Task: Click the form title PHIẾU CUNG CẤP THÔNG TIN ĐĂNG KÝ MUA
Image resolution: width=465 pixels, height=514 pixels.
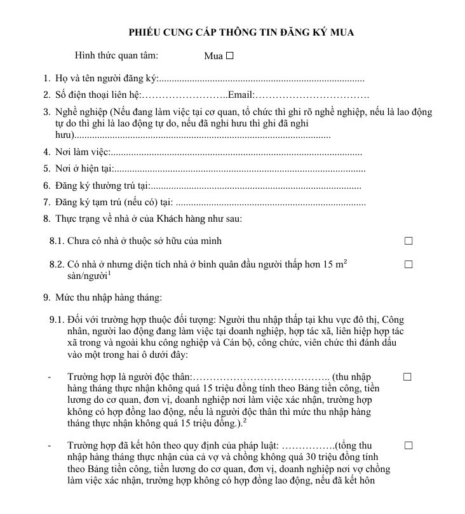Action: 241,32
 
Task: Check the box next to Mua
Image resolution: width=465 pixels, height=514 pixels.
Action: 230,55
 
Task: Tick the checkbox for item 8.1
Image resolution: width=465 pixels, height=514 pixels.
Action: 408,241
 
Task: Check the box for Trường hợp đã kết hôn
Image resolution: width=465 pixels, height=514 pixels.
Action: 408,445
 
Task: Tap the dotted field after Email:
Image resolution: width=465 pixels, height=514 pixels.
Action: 312,95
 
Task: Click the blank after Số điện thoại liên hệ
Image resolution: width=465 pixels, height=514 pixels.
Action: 184,95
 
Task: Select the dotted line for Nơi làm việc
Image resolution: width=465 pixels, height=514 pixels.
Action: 236,152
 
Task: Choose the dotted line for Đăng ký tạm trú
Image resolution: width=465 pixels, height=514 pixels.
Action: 270,203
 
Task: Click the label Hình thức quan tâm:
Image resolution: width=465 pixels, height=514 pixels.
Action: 117,56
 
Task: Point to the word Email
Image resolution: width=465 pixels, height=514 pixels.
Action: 240,95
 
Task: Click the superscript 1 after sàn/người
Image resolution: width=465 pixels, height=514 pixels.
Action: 109,274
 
